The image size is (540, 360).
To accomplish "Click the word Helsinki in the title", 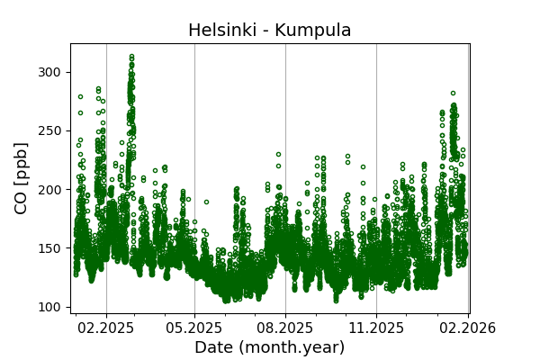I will coord(219,31).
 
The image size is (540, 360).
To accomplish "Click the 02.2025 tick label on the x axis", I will coord(106,328).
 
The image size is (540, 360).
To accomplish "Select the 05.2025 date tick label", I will coord(194,328).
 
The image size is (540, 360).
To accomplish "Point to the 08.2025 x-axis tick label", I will coord(285,328).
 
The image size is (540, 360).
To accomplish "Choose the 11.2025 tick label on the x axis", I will coord(376,328).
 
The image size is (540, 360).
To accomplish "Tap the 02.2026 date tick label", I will coord(467,328).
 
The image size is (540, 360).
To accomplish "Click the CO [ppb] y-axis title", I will coord(22,178).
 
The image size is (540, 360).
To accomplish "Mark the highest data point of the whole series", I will coord(131,56).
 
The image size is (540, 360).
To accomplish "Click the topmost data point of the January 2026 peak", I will coord(453,93).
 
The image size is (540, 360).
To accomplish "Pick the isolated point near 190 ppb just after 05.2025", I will coord(206,202).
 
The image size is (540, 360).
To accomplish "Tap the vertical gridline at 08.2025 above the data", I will coord(285,90).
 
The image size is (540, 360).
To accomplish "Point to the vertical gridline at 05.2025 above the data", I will coord(194,90).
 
